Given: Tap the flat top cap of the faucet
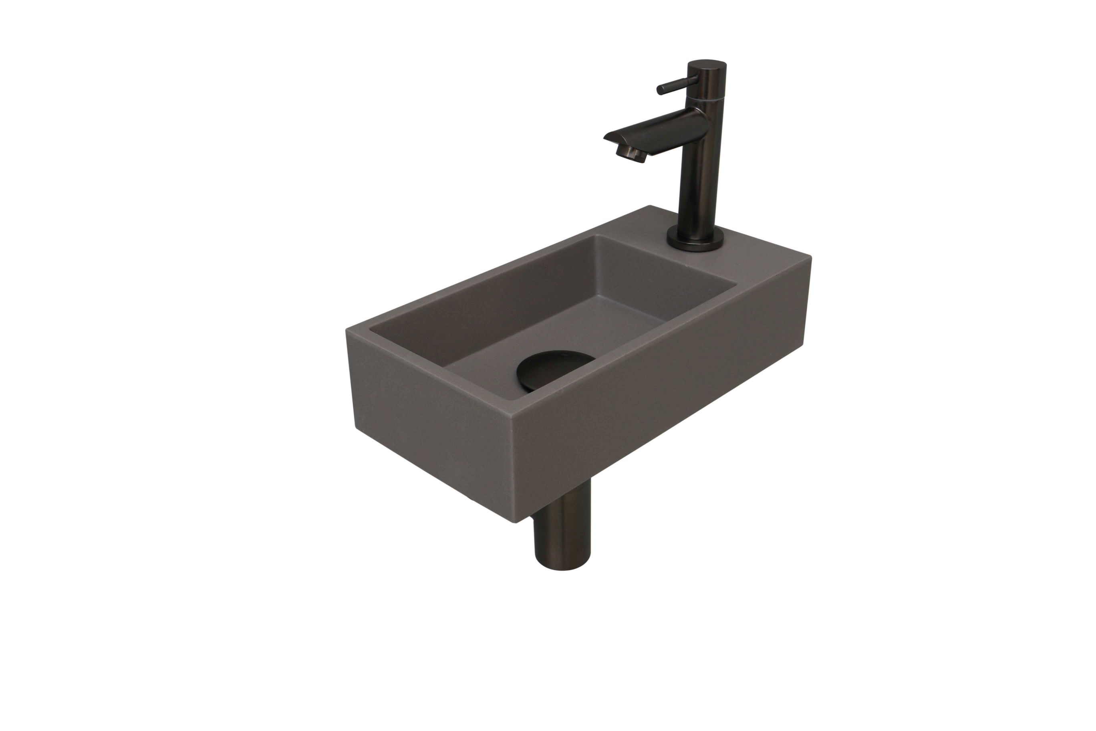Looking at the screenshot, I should tap(707, 65).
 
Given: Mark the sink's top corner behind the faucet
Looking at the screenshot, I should tap(650, 206).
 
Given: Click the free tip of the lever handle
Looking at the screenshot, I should tap(660, 91).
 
